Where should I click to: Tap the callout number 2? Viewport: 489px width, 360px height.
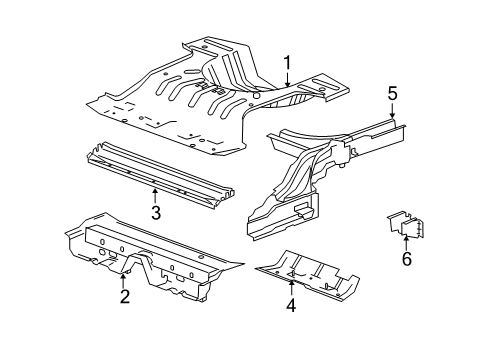point(124,295)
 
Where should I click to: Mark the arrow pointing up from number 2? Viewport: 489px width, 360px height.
point(124,277)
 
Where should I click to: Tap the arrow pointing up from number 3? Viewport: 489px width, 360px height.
point(155,192)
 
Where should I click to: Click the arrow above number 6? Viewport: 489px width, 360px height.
point(406,241)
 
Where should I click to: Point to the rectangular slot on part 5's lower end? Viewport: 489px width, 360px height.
point(301,209)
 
